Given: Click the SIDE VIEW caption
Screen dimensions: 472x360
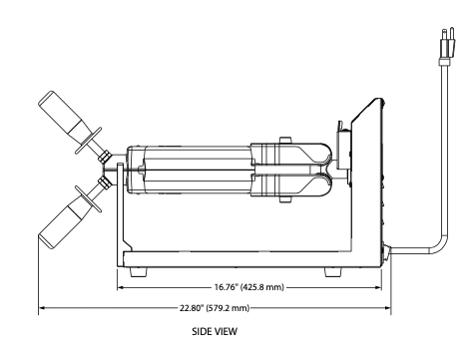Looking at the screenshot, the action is pos(215,331).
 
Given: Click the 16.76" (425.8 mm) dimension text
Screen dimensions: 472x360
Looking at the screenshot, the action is pos(249,287).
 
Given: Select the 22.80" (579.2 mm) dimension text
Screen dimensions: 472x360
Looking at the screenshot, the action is pos(215,308).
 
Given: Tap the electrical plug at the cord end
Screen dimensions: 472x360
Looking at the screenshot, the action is pos(447,46).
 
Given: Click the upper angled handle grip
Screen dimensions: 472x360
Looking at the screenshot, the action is pos(62,113).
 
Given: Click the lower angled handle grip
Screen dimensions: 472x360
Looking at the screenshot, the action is pos(63,226).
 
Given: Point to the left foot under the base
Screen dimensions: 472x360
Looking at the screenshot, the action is pos(138,272).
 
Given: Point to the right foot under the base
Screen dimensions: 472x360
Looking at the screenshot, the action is pos(333,272).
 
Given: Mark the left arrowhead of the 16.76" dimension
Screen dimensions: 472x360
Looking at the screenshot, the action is pos(121,287).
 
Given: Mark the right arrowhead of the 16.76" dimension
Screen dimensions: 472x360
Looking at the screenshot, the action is pos(377,287).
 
